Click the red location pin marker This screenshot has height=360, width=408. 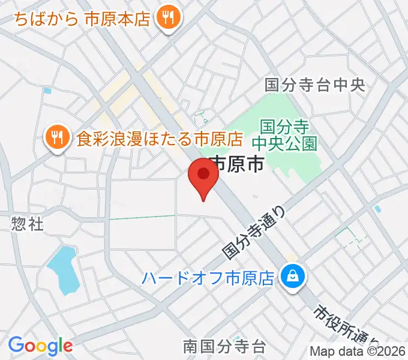click(203, 177)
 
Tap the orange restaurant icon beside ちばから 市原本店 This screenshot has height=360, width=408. click(166, 18)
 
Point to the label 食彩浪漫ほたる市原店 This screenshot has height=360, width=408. click(159, 140)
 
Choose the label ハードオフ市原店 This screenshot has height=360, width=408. click(208, 278)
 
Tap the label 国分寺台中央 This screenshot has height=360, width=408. click(314, 85)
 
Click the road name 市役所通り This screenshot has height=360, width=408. click(342, 329)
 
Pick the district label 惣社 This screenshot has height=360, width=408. click(27, 224)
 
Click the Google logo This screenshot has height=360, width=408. click(40, 346)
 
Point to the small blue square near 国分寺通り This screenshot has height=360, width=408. click(377, 209)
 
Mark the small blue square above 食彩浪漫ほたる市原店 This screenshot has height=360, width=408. click(47, 91)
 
